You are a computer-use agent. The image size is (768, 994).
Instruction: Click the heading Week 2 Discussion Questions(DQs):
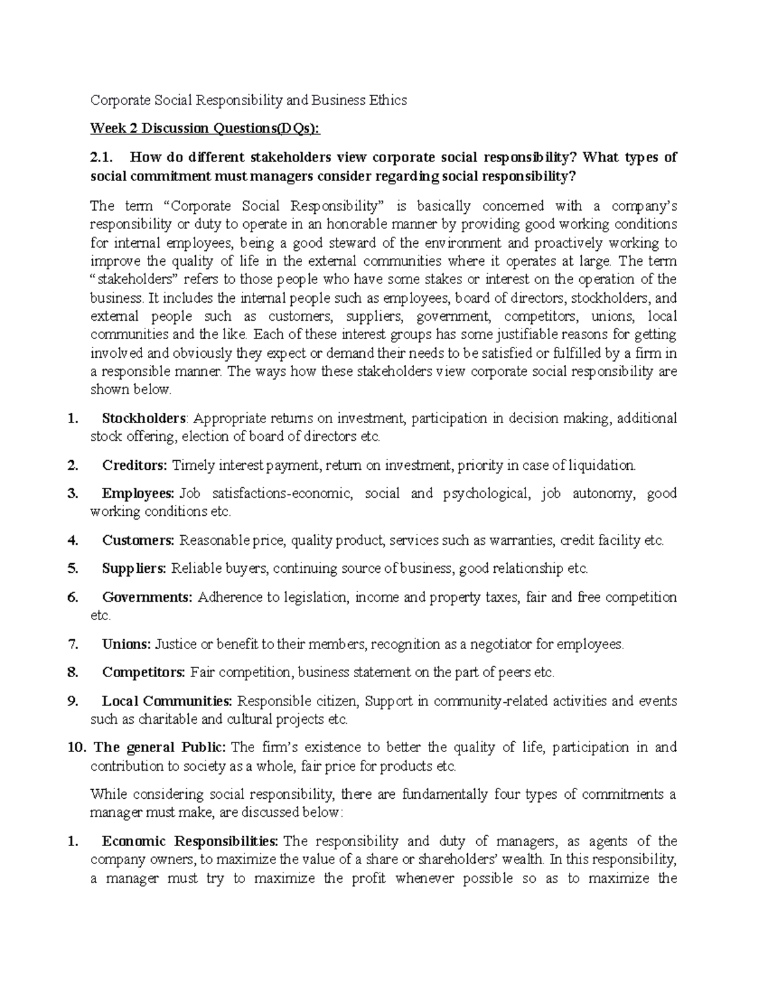(x=205, y=129)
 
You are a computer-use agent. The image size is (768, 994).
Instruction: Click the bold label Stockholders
(x=143, y=419)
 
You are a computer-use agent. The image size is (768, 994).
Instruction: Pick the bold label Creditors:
(x=134, y=465)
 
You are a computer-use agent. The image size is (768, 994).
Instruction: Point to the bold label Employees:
(x=138, y=493)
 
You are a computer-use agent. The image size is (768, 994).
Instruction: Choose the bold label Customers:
(x=138, y=540)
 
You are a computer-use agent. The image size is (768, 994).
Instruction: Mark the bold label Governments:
(x=147, y=597)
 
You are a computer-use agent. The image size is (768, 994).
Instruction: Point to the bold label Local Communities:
(x=168, y=701)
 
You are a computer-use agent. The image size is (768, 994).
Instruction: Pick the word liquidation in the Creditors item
(x=603, y=465)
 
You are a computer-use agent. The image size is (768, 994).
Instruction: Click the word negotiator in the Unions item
(x=506, y=644)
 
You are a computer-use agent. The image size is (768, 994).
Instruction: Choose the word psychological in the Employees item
(x=486, y=493)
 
